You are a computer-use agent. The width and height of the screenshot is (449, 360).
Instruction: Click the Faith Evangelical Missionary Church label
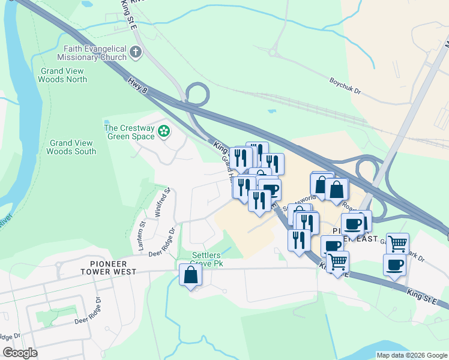91,53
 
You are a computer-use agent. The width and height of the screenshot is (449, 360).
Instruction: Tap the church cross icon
136,53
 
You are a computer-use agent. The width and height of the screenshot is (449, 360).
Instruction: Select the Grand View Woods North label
63,75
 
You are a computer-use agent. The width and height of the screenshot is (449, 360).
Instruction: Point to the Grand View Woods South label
72,147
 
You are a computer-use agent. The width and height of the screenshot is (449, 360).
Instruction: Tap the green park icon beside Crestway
163,130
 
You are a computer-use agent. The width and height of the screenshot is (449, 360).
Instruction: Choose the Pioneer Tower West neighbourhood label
113,267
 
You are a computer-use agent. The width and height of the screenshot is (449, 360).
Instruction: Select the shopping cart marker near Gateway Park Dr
397,244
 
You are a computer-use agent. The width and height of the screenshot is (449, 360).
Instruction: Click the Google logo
20,353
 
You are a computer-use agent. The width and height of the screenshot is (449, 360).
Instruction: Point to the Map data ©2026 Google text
411,355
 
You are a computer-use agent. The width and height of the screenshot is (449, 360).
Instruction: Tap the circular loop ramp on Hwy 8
197,94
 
